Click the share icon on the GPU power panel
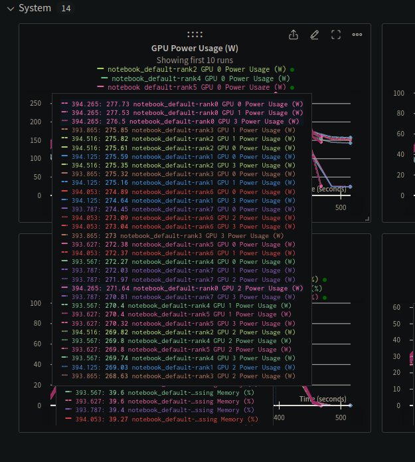[x=293, y=35]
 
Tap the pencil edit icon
[x=315, y=35]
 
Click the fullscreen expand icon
[x=336, y=35]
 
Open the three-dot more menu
[x=357, y=35]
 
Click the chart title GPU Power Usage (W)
[x=195, y=49]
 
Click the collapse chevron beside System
[x=9, y=9]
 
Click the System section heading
[x=35, y=9]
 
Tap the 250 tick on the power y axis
[x=36, y=104]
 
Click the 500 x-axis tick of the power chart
[x=341, y=208]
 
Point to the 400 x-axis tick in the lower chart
[x=279, y=418]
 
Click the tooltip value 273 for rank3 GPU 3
[x=110, y=236]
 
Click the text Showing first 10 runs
[x=195, y=60]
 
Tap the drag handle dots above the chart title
[x=195, y=35]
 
